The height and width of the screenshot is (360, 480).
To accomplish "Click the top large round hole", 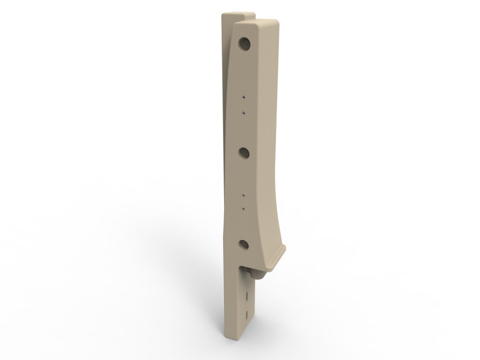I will tap(244, 45).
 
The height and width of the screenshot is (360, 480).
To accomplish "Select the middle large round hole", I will tap(243, 153).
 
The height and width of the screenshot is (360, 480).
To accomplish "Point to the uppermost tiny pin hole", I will tap(243, 97).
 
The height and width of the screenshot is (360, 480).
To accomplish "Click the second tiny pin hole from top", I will tap(243, 113).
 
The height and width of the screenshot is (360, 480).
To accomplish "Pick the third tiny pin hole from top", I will tap(243, 193).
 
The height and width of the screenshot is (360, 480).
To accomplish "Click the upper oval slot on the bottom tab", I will tap(247, 295).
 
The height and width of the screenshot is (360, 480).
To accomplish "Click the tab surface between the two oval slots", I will tap(247, 304).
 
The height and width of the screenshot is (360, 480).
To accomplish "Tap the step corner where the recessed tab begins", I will tap(242, 267).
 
